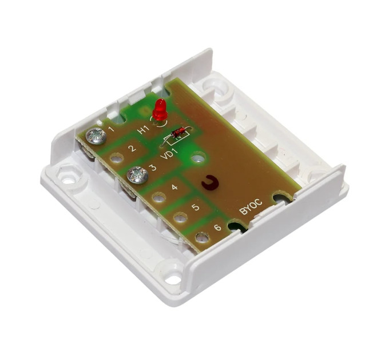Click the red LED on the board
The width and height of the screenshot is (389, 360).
(x=160, y=110)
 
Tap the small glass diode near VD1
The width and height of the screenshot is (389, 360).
(x=178, y=133)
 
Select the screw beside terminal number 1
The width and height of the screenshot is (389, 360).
(x=96, y=136)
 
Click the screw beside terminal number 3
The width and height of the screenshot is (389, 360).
(x=137, y=175)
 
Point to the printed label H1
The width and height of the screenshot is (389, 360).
(x=144, y=130)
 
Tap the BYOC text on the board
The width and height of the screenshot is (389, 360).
(x=251, y=207)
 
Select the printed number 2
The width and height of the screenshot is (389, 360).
(x=133, y=148)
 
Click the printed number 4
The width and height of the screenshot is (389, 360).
(x=174, y=187)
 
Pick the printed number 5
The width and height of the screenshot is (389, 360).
(x=196, y=207)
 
